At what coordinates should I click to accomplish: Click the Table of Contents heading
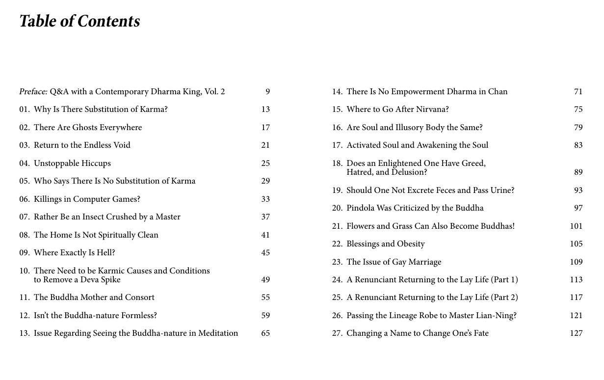pos(79,21)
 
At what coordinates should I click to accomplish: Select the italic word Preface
pos(33,92)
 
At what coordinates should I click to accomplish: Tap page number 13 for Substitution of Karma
pos(265,109)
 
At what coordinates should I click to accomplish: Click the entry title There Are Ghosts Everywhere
pos(88,128)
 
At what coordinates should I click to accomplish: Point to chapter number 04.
pos(25,163)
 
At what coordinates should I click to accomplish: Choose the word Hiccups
pos(96,163)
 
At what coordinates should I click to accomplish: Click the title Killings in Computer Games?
pos(87,199)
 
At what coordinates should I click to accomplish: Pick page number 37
pos(265,217)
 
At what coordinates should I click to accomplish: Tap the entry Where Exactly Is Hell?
pos(74,253)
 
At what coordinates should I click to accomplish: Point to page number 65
pos(265,333)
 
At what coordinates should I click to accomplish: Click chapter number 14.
pos(337,92)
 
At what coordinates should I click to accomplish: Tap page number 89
pos(578,172)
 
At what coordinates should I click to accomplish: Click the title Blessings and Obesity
pos(386,244)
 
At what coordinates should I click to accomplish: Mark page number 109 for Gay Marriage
pos(576,262)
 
